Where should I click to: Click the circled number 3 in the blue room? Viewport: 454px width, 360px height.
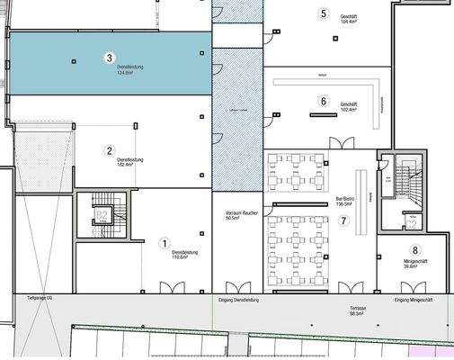109,58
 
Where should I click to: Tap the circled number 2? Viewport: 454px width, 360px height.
109,151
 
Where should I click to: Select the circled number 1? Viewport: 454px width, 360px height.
165,243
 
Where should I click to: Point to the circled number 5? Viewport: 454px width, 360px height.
324,13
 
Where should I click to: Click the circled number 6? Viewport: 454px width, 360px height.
324,102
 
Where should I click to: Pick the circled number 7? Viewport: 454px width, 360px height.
343,220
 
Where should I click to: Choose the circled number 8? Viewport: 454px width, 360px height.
414,251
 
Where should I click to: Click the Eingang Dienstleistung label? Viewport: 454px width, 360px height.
238,299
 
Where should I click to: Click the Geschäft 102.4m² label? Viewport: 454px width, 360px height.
349,107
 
